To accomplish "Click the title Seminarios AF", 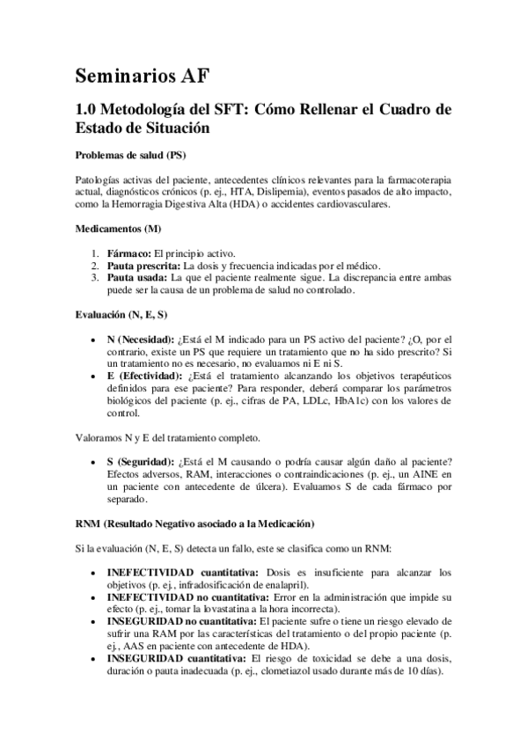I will tap(143, 76).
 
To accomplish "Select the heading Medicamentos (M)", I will tap(118, 230).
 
